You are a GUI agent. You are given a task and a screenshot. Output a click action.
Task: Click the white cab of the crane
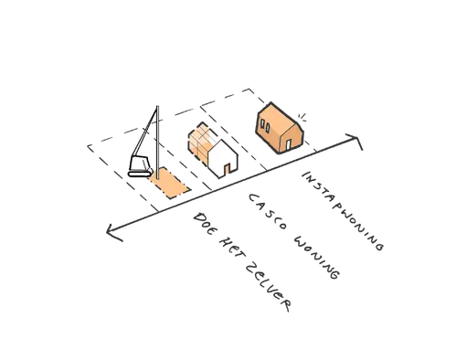pyautogui.click(x=141, y=166)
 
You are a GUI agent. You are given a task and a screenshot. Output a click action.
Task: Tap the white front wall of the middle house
pyautogui.click(x=223, y=163)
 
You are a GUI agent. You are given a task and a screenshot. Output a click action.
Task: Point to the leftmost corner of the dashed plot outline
pyautogui.click(x=84, y=143)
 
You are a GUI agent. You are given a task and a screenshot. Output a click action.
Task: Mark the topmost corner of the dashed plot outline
pyautogui.click(x=249, y=86)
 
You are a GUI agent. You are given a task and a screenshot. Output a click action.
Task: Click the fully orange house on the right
pyautogui.click(x=279, y=129)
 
